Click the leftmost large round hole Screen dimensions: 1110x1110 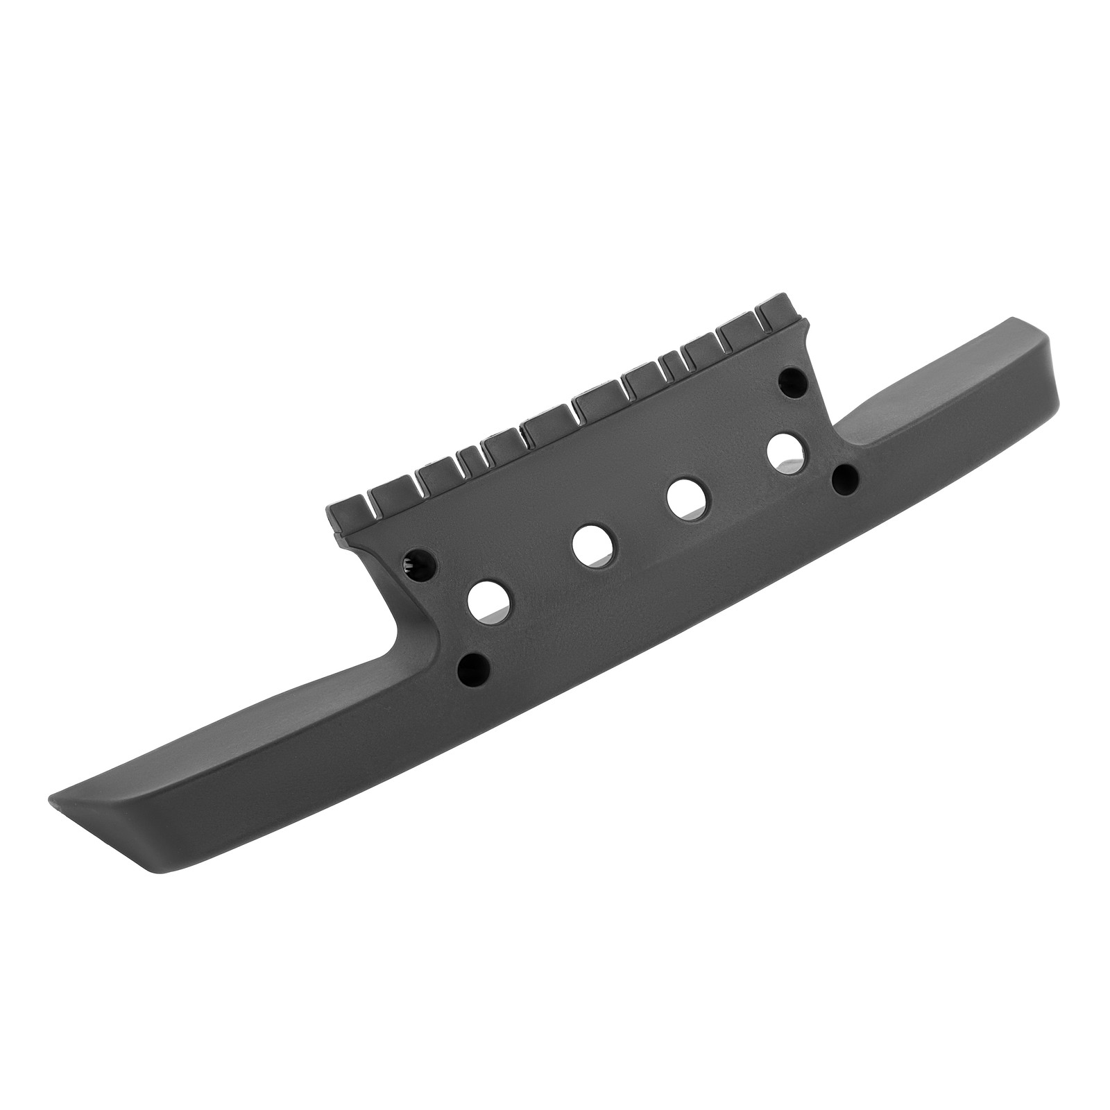pyautogui.click(x=489, y=601)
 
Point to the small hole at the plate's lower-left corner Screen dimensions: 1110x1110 pyautogui.click(x=475, y=668)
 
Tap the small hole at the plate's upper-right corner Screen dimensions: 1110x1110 pyautogui.click(x=792, y=379)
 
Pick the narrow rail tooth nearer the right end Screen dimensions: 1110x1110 pyautogui.click(x=672, y=362)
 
